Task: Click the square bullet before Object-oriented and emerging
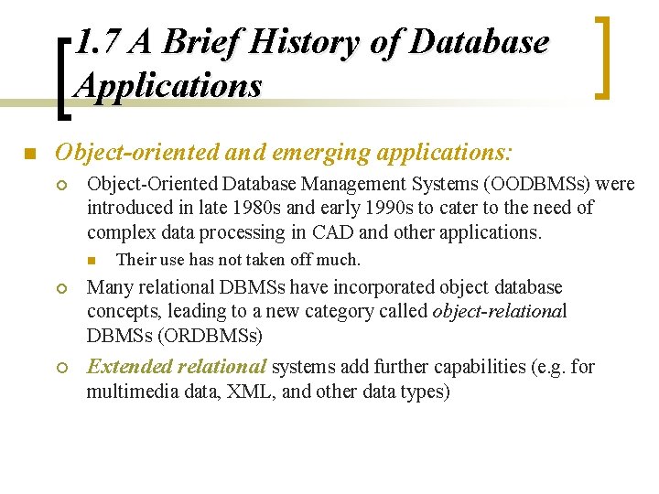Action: tap(29, 152)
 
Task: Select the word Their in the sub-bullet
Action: tap(135, 260)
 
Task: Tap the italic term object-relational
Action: tap(500, 311)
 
